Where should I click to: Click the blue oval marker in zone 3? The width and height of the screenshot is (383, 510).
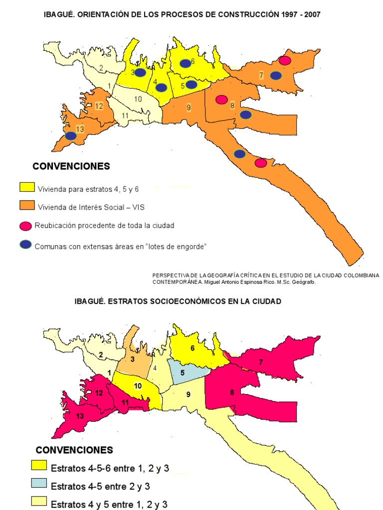(x=141, y=73)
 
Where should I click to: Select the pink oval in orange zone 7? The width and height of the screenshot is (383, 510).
(x=285, y=60)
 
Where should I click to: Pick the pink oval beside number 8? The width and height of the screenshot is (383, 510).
(x=221, y=100)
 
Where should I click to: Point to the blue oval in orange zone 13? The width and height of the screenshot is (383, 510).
(x=71, y=135)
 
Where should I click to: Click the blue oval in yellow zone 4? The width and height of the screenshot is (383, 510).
(x=161, y=88)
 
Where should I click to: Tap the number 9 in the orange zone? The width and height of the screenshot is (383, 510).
(x=189, y=107)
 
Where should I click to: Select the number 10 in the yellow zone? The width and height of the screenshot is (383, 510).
(x=138, y=386)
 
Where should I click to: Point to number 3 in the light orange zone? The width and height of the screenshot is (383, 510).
(x=133, y=359)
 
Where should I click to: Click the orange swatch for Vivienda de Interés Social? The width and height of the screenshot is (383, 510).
(x=27, y=206)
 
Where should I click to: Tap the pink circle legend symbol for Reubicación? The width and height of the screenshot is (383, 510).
(x=26, y=226)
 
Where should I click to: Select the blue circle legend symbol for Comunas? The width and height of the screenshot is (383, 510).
(x=26, y=245)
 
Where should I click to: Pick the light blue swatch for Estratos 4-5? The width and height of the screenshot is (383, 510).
(x=39, y=484)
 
